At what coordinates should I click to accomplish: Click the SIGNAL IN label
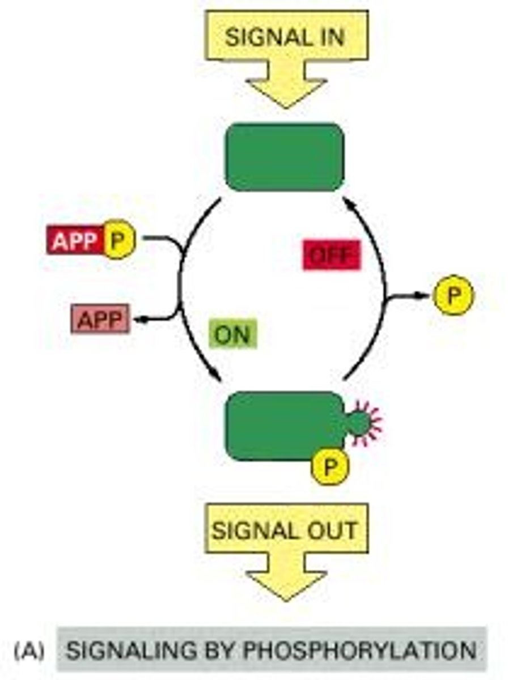point(285,37)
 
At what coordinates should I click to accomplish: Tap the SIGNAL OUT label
point(285,530)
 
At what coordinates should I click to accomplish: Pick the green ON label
point(232,334)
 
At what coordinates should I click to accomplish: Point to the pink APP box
point(100,320)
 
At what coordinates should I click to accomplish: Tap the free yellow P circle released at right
point(452,295)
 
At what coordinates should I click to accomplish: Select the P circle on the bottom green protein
point(329,466)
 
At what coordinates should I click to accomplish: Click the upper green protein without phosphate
point(285,157)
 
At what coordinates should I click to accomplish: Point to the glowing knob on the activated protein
point(359,422)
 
